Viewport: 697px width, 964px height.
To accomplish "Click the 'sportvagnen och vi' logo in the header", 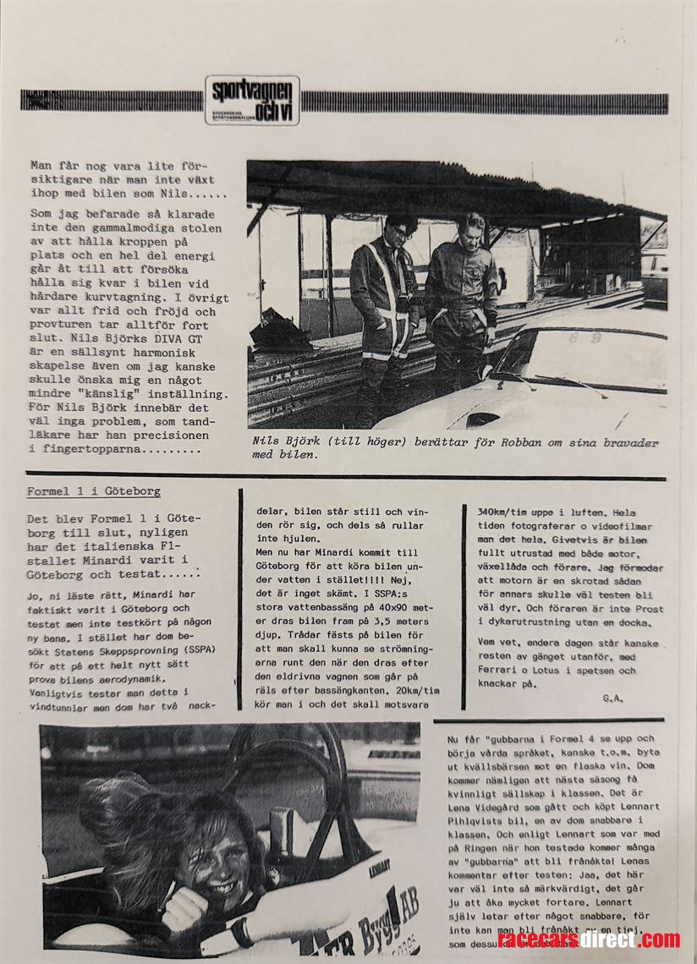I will pyautogui.click(x=251, y=101).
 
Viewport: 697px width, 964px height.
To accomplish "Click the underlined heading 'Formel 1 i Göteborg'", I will pyautogui.click(x=93, y=491).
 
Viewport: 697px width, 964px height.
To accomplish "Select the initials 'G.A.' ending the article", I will pyautogui.click(x=612, y=698).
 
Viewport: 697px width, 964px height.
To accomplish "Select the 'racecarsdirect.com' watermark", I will pyautogui.click(x=589, y=939).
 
